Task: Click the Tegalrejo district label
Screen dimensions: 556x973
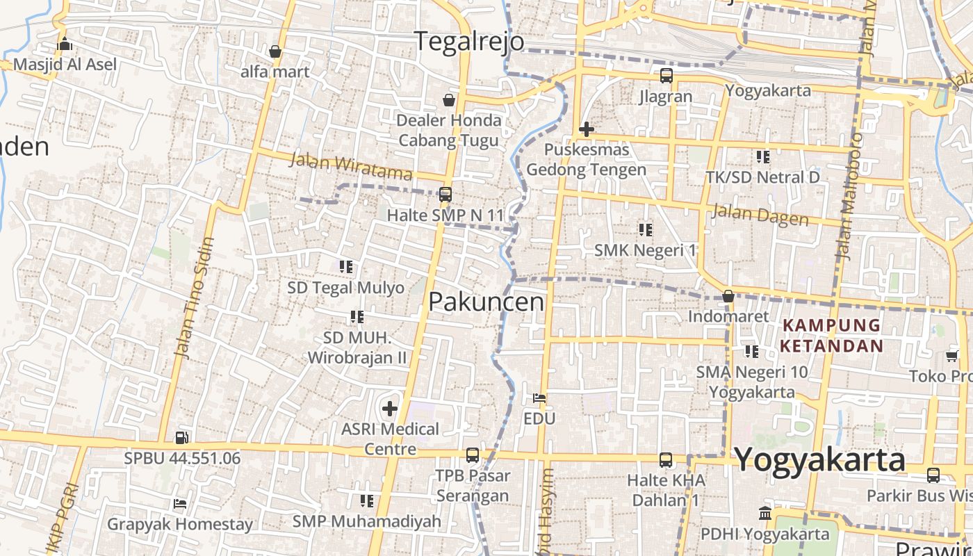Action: [470, 41]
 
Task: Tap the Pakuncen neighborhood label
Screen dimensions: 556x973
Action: [486, 302]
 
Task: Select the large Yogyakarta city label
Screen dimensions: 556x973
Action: [819, 459]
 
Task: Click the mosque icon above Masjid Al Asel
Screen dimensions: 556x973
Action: [65, 44]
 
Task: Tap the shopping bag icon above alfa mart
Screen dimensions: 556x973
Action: [275, 51]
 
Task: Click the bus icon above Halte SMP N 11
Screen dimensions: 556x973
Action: [445, 195]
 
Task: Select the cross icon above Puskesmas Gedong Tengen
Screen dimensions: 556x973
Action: [587, 129]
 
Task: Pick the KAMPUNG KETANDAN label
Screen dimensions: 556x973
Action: [831, 335]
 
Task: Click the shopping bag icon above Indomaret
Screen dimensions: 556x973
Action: [728, 297]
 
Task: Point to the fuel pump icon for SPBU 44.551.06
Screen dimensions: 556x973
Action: [182, 437]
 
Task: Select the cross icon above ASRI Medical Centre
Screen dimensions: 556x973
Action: [390, 409]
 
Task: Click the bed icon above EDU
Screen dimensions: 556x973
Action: [539, 398]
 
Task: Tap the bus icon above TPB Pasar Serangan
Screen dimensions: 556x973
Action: [473, 455]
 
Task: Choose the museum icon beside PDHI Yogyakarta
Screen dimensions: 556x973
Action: [765, 514]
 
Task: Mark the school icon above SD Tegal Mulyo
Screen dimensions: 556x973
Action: [346, 266]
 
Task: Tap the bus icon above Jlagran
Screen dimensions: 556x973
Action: [666, 76]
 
